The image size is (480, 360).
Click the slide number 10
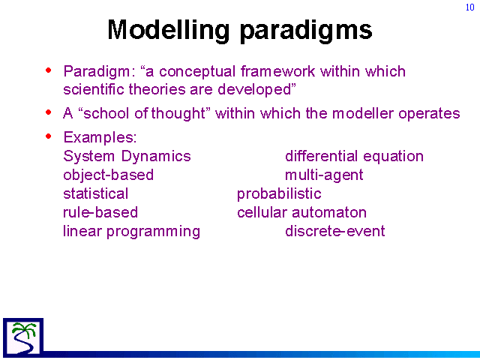[x=470, y=7]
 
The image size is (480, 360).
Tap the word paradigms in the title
[x=306, y=31]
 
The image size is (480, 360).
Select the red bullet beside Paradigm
[x=48, y=70]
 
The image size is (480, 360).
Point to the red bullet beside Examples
[x=48, y=136]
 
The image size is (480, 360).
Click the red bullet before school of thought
[x=48, y=112]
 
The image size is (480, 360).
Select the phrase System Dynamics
[x=127, y=157]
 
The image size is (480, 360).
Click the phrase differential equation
[x=354, y=157]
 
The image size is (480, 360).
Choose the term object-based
[x=108, y=175]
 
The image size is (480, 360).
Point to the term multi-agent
[x=324, y=175]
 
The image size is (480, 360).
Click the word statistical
[x=95, y=193]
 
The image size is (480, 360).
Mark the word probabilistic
[x=279, y=194]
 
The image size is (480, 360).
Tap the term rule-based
[x=100, y=212]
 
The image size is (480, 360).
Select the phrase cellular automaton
[x=301, y=212]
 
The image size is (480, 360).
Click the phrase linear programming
[x=132, y=232]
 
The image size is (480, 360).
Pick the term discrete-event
[x=335, y=231]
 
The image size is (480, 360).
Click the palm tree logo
[x=23, y=337]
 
